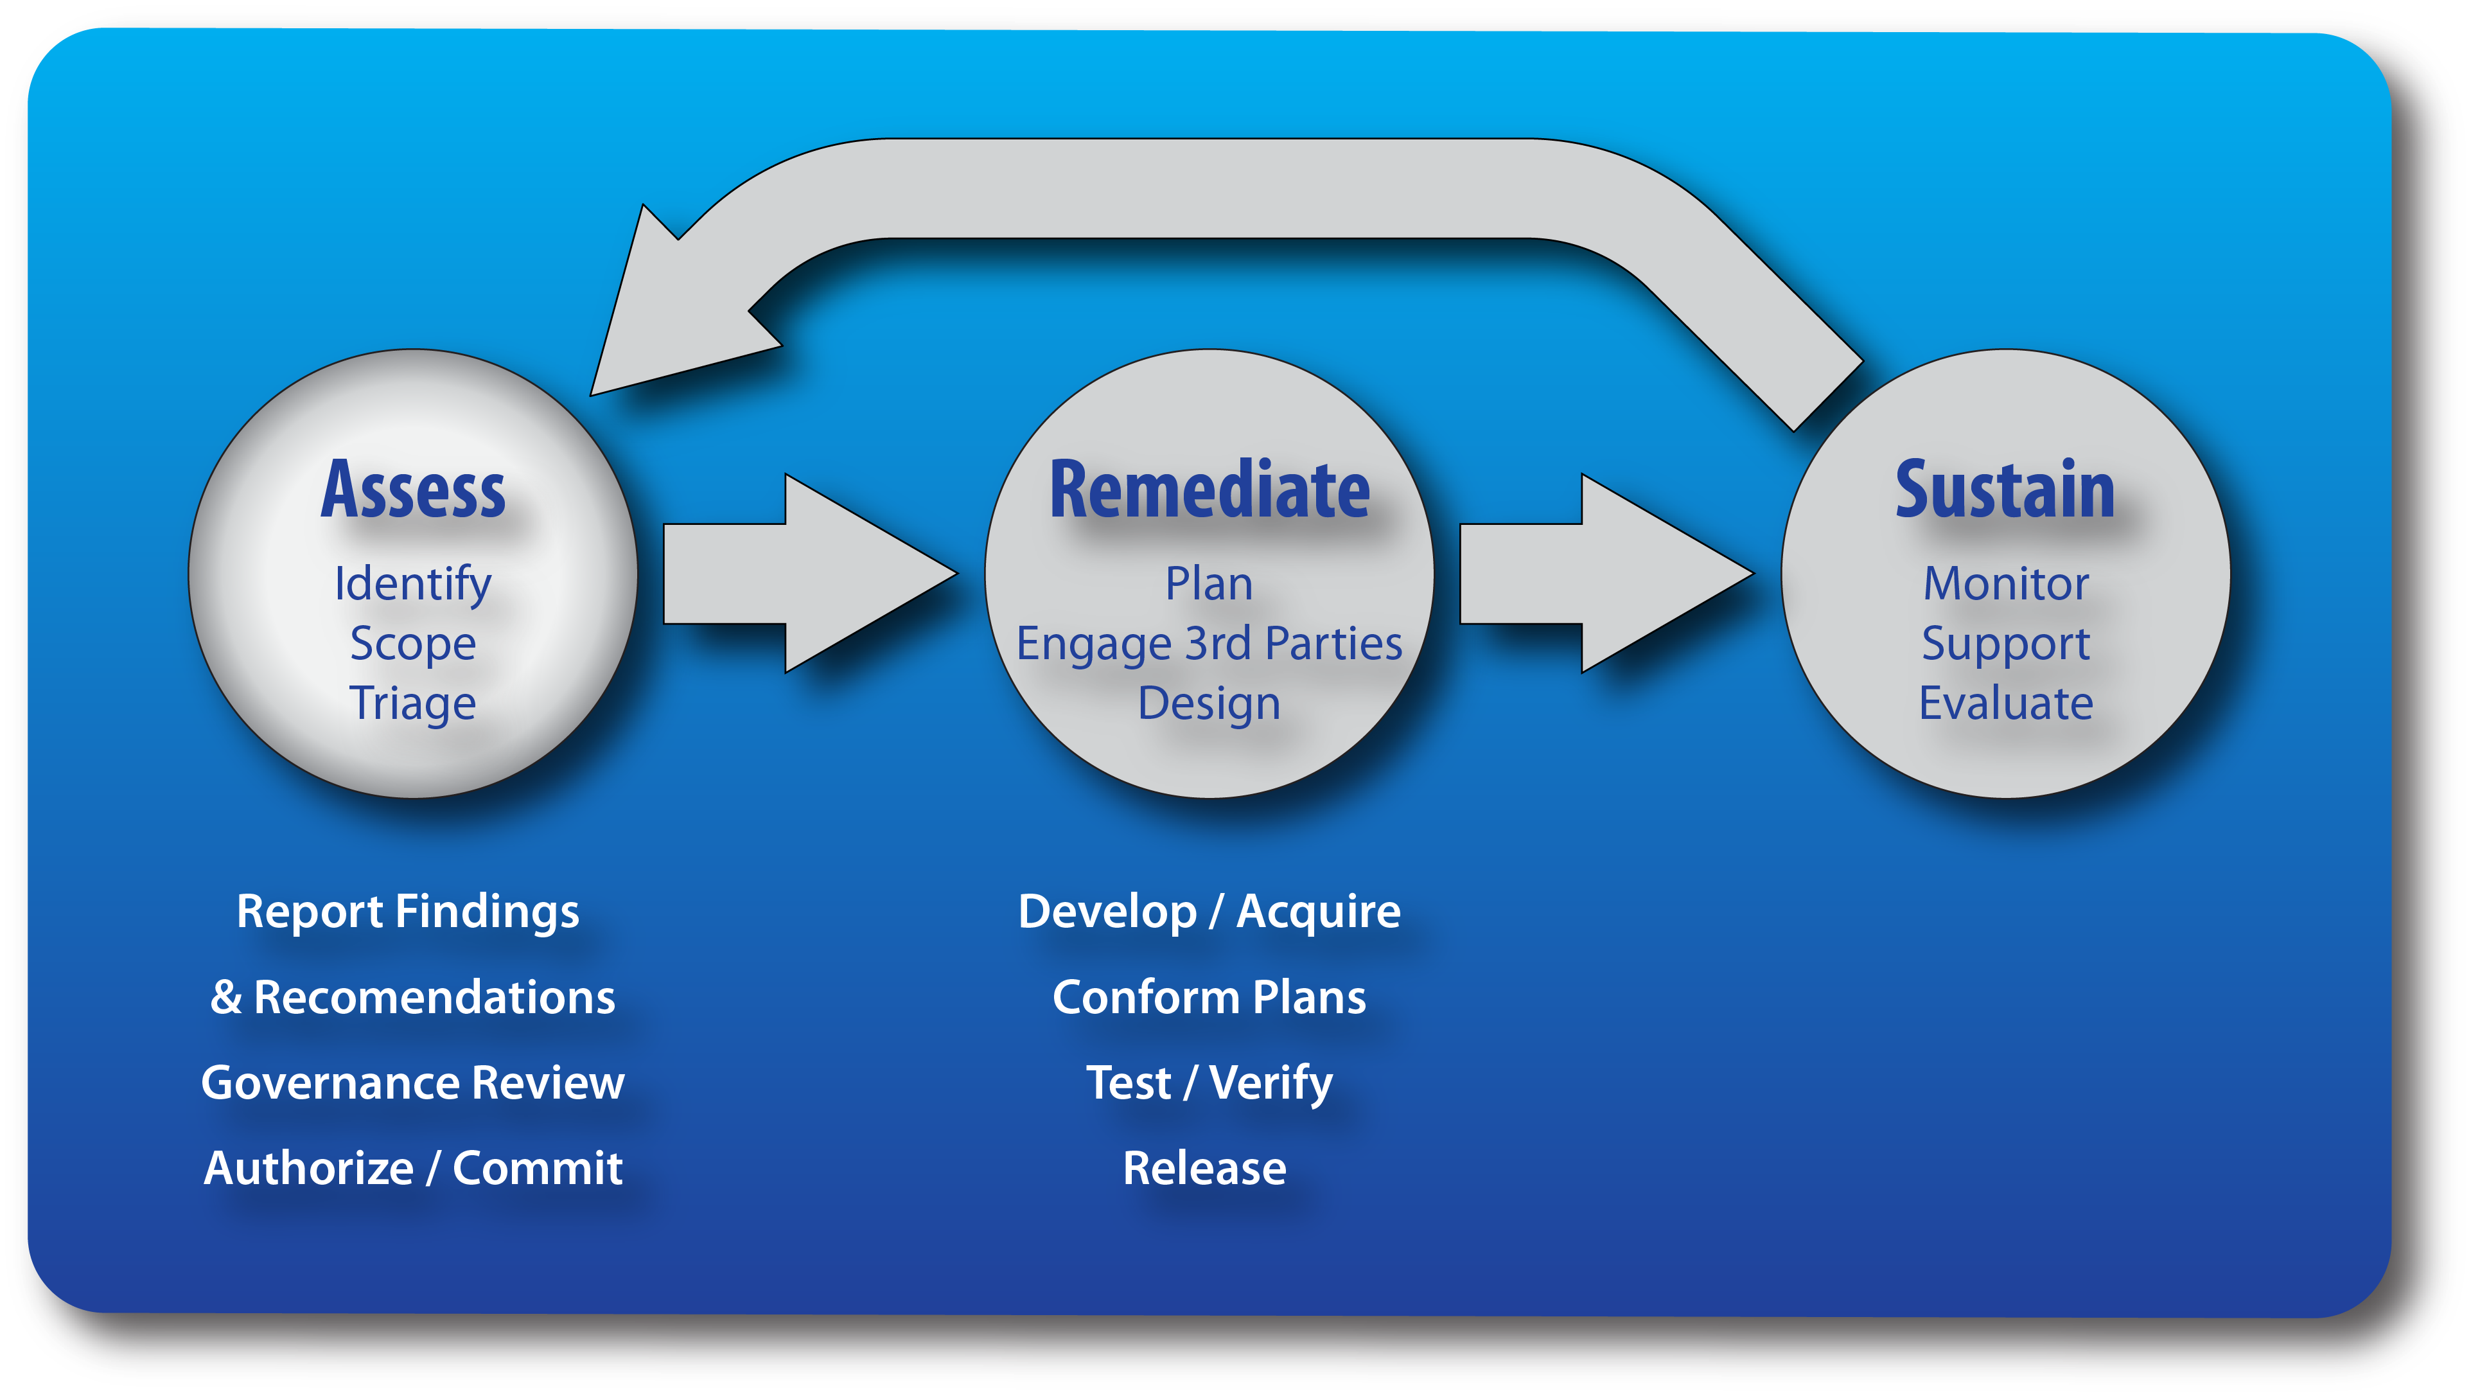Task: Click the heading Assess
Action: point(413,491)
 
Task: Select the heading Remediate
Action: point(1209,491)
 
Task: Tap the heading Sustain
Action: point(2005,491)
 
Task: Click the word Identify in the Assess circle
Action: point(413,585)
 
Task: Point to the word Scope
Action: point(413,643)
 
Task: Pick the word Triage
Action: point(413,703)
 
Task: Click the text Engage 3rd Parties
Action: point(1209,643)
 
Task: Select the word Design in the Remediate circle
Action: point(1209,703)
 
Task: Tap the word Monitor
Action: point(2005,584)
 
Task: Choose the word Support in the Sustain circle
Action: point(2005,643)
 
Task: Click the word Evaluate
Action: point(2005,703)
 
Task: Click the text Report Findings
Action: point(408,911)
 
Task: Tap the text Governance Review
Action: point(413,1083)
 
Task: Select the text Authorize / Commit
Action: point(413,1169)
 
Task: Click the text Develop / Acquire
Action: point(1209,911)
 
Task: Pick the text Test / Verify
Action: point(1209,1083)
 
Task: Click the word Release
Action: point(1205,1169)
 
